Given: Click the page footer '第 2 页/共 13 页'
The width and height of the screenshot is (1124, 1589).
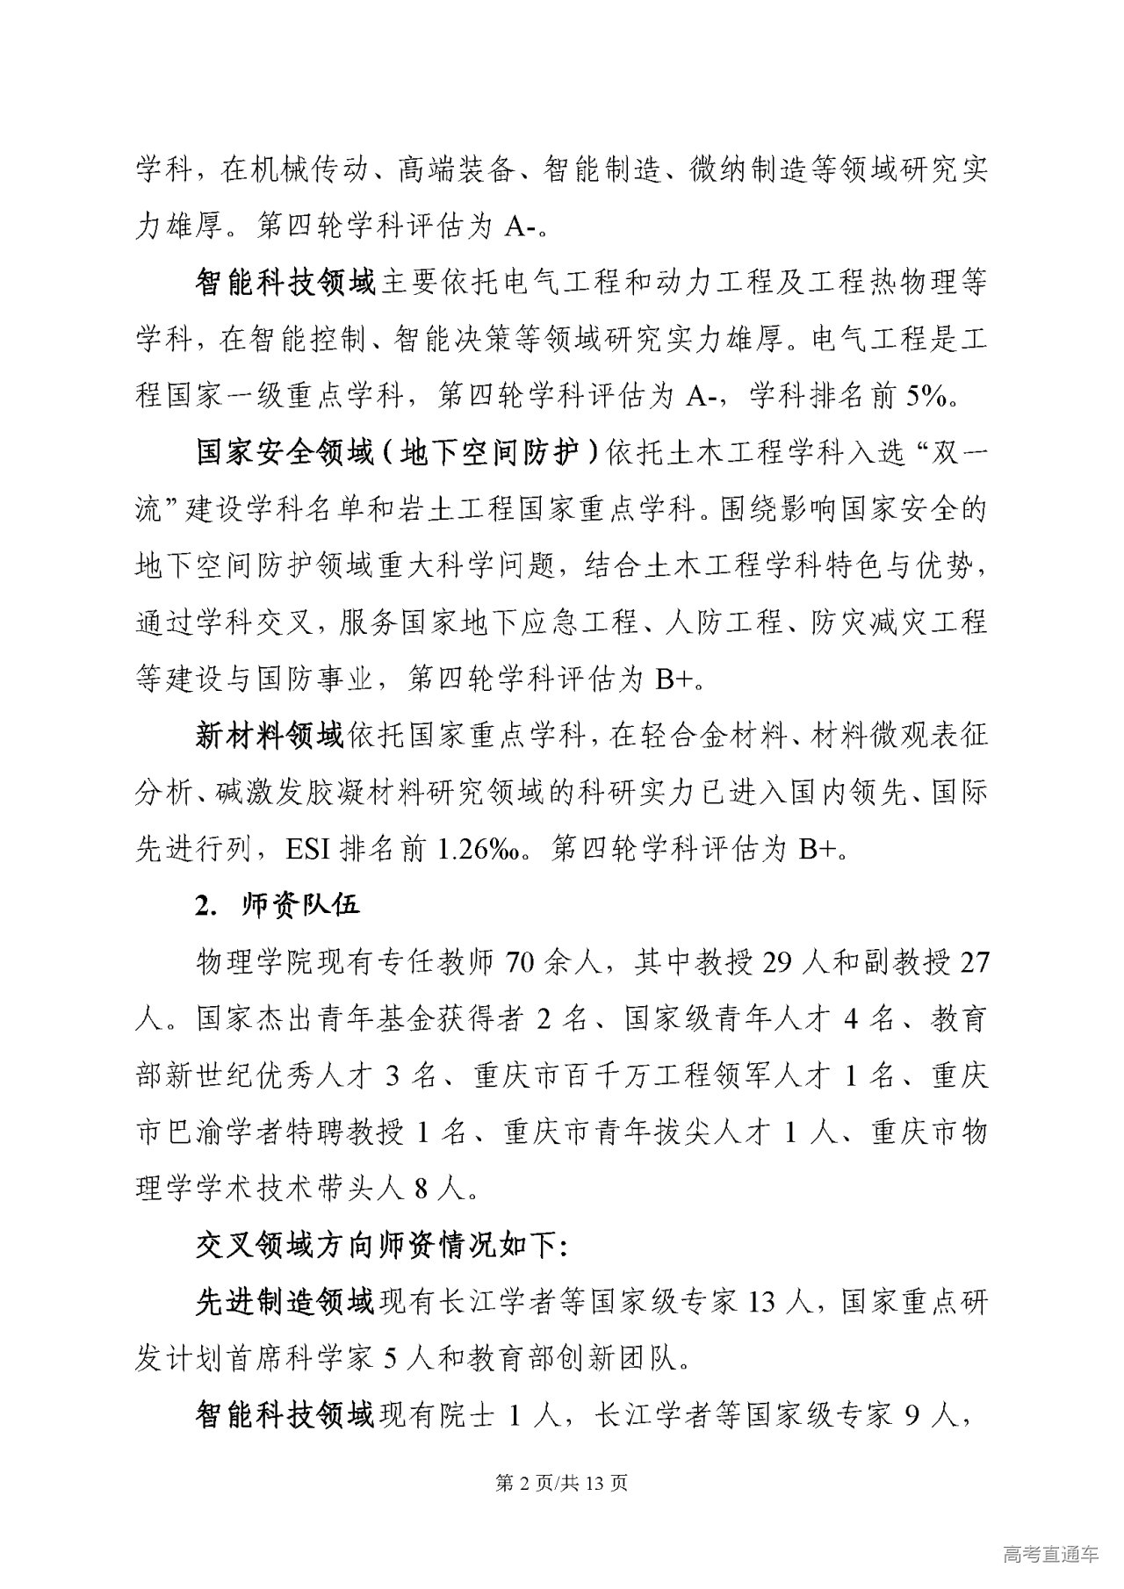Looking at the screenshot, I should click(562, 1483).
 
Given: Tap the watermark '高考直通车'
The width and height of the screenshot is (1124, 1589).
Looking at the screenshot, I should click(1049, 1554).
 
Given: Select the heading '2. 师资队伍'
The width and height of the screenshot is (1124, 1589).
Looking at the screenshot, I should click(277, 904).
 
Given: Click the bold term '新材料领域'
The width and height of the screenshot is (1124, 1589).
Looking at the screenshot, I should click(269, 734).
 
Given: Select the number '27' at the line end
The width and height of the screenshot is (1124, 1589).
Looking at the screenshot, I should click(975, 962).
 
